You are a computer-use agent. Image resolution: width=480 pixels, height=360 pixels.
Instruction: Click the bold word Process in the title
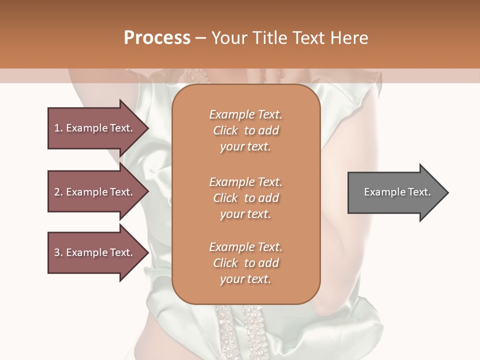pos(157,38)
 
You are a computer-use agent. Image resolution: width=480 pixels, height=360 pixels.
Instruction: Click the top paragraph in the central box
pos(245,130)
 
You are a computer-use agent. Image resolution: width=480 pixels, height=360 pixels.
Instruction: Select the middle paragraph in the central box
pos(245,198)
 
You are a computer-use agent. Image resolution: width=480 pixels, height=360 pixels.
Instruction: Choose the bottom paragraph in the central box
pos(245,263)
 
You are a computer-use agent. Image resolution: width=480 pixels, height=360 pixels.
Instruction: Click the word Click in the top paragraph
pos(225,130)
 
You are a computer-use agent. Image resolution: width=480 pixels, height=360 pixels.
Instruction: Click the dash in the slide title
pos(201,38)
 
